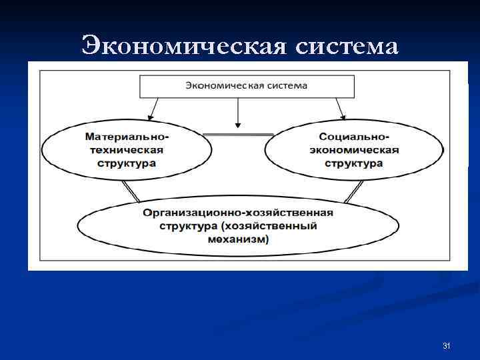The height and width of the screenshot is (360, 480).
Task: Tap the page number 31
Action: (x=447, y=346)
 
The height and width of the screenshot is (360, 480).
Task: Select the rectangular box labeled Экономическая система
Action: (x=246, y=86)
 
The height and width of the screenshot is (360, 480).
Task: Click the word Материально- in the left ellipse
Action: (x=127, y=136)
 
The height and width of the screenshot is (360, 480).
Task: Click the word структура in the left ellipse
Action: (x=126, y=163)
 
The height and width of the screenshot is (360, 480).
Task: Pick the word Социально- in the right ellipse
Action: (x=354, y=136)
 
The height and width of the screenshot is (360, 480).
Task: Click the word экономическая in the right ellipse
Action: (x=354, y=149)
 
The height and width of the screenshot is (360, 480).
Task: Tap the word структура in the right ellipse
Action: (x=354, y=163)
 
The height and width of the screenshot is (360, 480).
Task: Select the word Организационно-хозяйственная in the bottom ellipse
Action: (x=237, y=213)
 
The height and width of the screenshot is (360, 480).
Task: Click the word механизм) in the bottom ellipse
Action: (x=237, y=239)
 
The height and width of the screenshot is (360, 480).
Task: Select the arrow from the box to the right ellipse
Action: (x=341, y=107)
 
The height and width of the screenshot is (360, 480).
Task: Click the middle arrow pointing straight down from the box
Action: (x=237, y=113)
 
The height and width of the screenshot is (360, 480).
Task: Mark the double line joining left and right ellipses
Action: (x=237, y=135)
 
